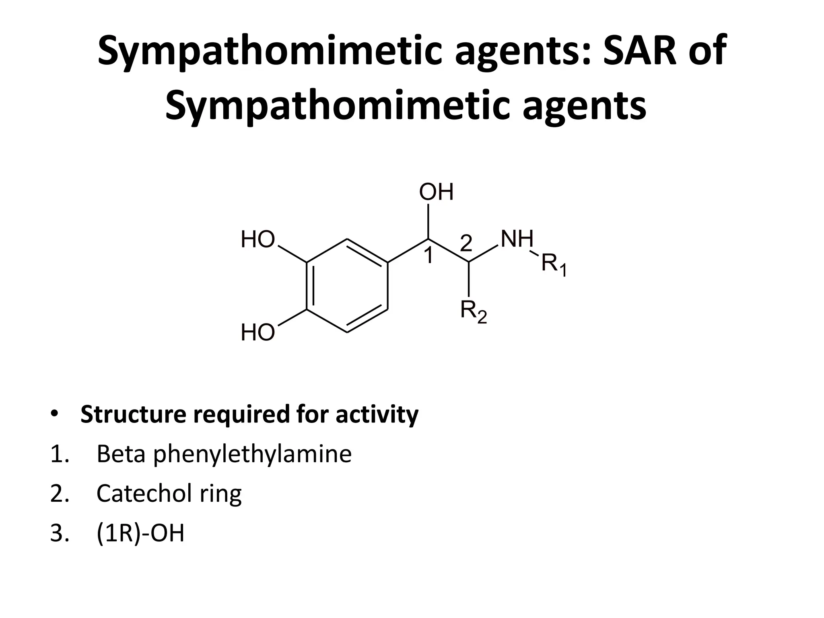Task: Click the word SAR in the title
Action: coord(636,51)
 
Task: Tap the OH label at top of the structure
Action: coord(436,192)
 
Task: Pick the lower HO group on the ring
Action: coord(258,333)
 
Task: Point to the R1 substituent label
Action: coord(554,264)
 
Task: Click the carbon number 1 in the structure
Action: coord(429,256)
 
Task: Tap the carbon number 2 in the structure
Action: coord(466,243)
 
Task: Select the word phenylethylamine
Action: coord(253,454)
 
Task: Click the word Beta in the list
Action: coord(121,454)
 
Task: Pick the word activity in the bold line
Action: coord(377,414)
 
